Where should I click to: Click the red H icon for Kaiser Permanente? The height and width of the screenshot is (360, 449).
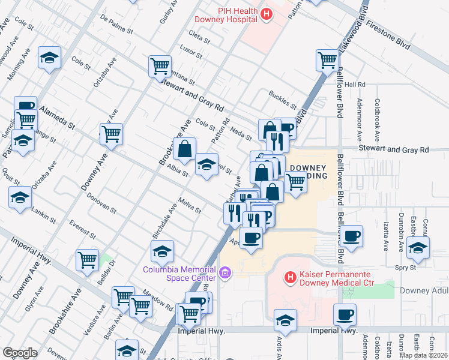point(291,278)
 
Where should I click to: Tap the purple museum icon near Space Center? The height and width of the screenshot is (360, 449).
point(225,274)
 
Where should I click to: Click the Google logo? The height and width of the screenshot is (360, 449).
point(20,353)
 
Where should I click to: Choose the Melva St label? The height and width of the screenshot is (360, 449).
point(190,206)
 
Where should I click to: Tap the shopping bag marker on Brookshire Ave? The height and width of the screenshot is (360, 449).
point(185,149)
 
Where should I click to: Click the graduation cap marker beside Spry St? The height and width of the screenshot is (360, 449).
point(418,247)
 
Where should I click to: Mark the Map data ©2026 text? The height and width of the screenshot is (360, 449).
point(424,355)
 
